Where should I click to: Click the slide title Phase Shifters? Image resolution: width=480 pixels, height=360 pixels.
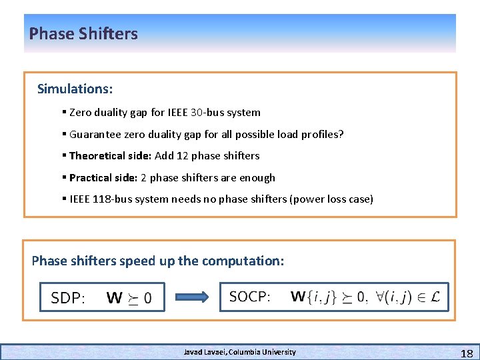(83, 33)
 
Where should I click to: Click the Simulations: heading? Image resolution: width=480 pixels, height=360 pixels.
(75, 89)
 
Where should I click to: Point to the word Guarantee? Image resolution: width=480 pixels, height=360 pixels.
(95, 134)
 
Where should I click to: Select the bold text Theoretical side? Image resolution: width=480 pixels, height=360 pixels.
(110, 155)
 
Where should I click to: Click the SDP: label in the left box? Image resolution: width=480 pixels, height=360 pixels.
(68, 297)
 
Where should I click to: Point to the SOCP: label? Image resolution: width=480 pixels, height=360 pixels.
(250, 296)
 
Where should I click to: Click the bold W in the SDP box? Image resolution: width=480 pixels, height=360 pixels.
(114, 297)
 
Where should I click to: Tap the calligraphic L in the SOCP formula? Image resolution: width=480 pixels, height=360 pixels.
(435, 296)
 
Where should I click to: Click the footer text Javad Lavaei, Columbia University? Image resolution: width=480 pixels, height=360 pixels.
(239, 351)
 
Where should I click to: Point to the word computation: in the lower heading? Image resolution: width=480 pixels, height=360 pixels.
(244, 261)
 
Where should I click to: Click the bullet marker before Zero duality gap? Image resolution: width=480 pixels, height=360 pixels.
(63, 113)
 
